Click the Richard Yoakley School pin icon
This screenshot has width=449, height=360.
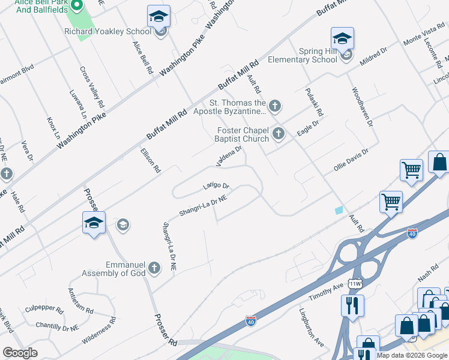(x=159, y=17)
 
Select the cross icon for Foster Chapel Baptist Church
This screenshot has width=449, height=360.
(x=278, y=134)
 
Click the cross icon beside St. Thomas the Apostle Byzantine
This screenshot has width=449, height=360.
(x=274, y=107)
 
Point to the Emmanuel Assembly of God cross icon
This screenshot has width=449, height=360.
(x=154, y=268)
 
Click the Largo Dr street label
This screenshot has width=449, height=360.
(x=216, y=187)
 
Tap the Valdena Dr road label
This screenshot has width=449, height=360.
(x=229, y=157)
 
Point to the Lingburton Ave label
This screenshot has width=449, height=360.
(x=312, y=328)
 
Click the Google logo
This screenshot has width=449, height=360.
(x=20, y=353)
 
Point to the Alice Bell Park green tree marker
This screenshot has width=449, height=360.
(x=77, y=6)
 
